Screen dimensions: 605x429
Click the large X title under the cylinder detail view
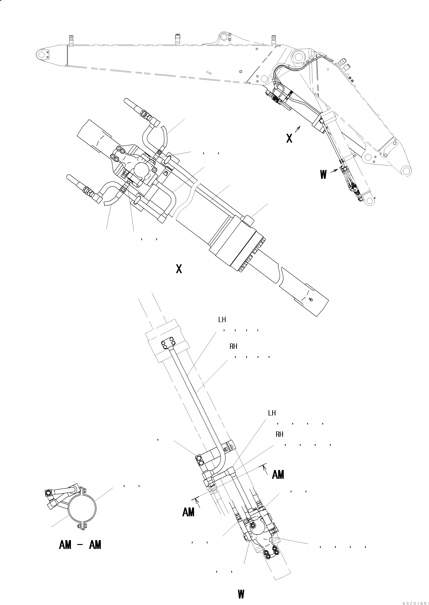[x=179, y=269]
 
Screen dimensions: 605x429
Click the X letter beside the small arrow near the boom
[x=289, y=138]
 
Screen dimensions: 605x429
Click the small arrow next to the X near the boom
[x=298, y=129]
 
